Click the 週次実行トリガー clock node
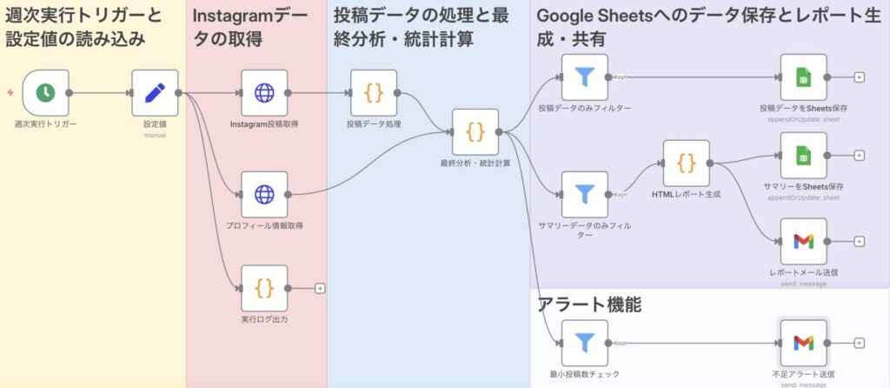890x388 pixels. tap(45, 92)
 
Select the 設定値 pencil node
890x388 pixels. tap(155, 92)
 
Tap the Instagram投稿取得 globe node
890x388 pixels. tap(264, 92)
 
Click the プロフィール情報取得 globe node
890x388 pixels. tap(264, 194)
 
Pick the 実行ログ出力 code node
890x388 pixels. tap(264, 288)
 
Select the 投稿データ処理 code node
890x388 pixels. tap(374, 92)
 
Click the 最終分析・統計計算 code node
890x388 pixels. tap(475, 132)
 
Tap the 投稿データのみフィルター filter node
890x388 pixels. tap(585, 77)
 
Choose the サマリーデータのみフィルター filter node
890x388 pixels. tap(585, 194)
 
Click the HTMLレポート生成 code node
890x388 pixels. tap(687, 163)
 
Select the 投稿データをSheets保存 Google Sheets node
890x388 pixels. tap(803, 77)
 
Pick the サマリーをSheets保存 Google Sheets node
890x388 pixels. tap(803, 156)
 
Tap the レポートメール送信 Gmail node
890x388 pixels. tap(803, 241)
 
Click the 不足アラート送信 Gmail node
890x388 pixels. tap(803, 343)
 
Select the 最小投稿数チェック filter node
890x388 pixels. tap(585, 343)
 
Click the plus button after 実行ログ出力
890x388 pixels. tap(320, 288)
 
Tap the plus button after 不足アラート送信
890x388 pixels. tap(860, 343)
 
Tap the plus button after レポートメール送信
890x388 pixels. tap(860, 241)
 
